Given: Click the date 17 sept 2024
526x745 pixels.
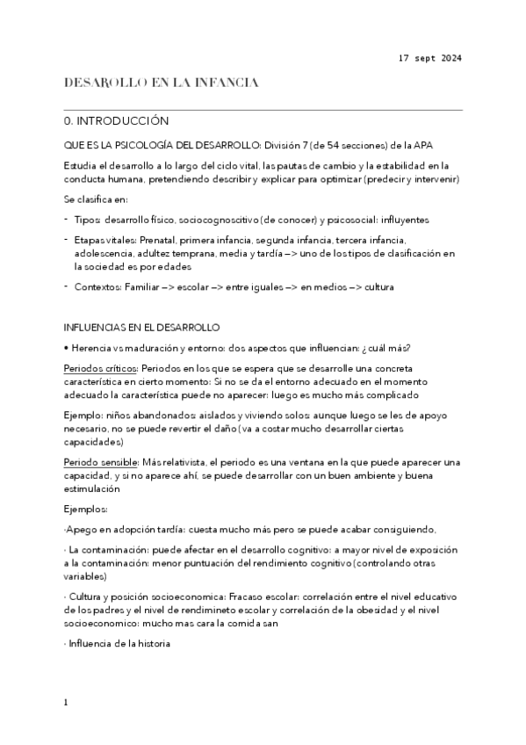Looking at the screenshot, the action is pyautogui.click(x=429, y=58).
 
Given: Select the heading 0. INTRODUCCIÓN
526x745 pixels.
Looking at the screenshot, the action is pyautogui.click(x=116, y=120).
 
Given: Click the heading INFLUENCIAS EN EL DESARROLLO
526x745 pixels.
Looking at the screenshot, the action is pyautogui.click(x=141, y=328).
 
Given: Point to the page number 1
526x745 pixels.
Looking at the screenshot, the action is pyautogui.click(x=67, y=703).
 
